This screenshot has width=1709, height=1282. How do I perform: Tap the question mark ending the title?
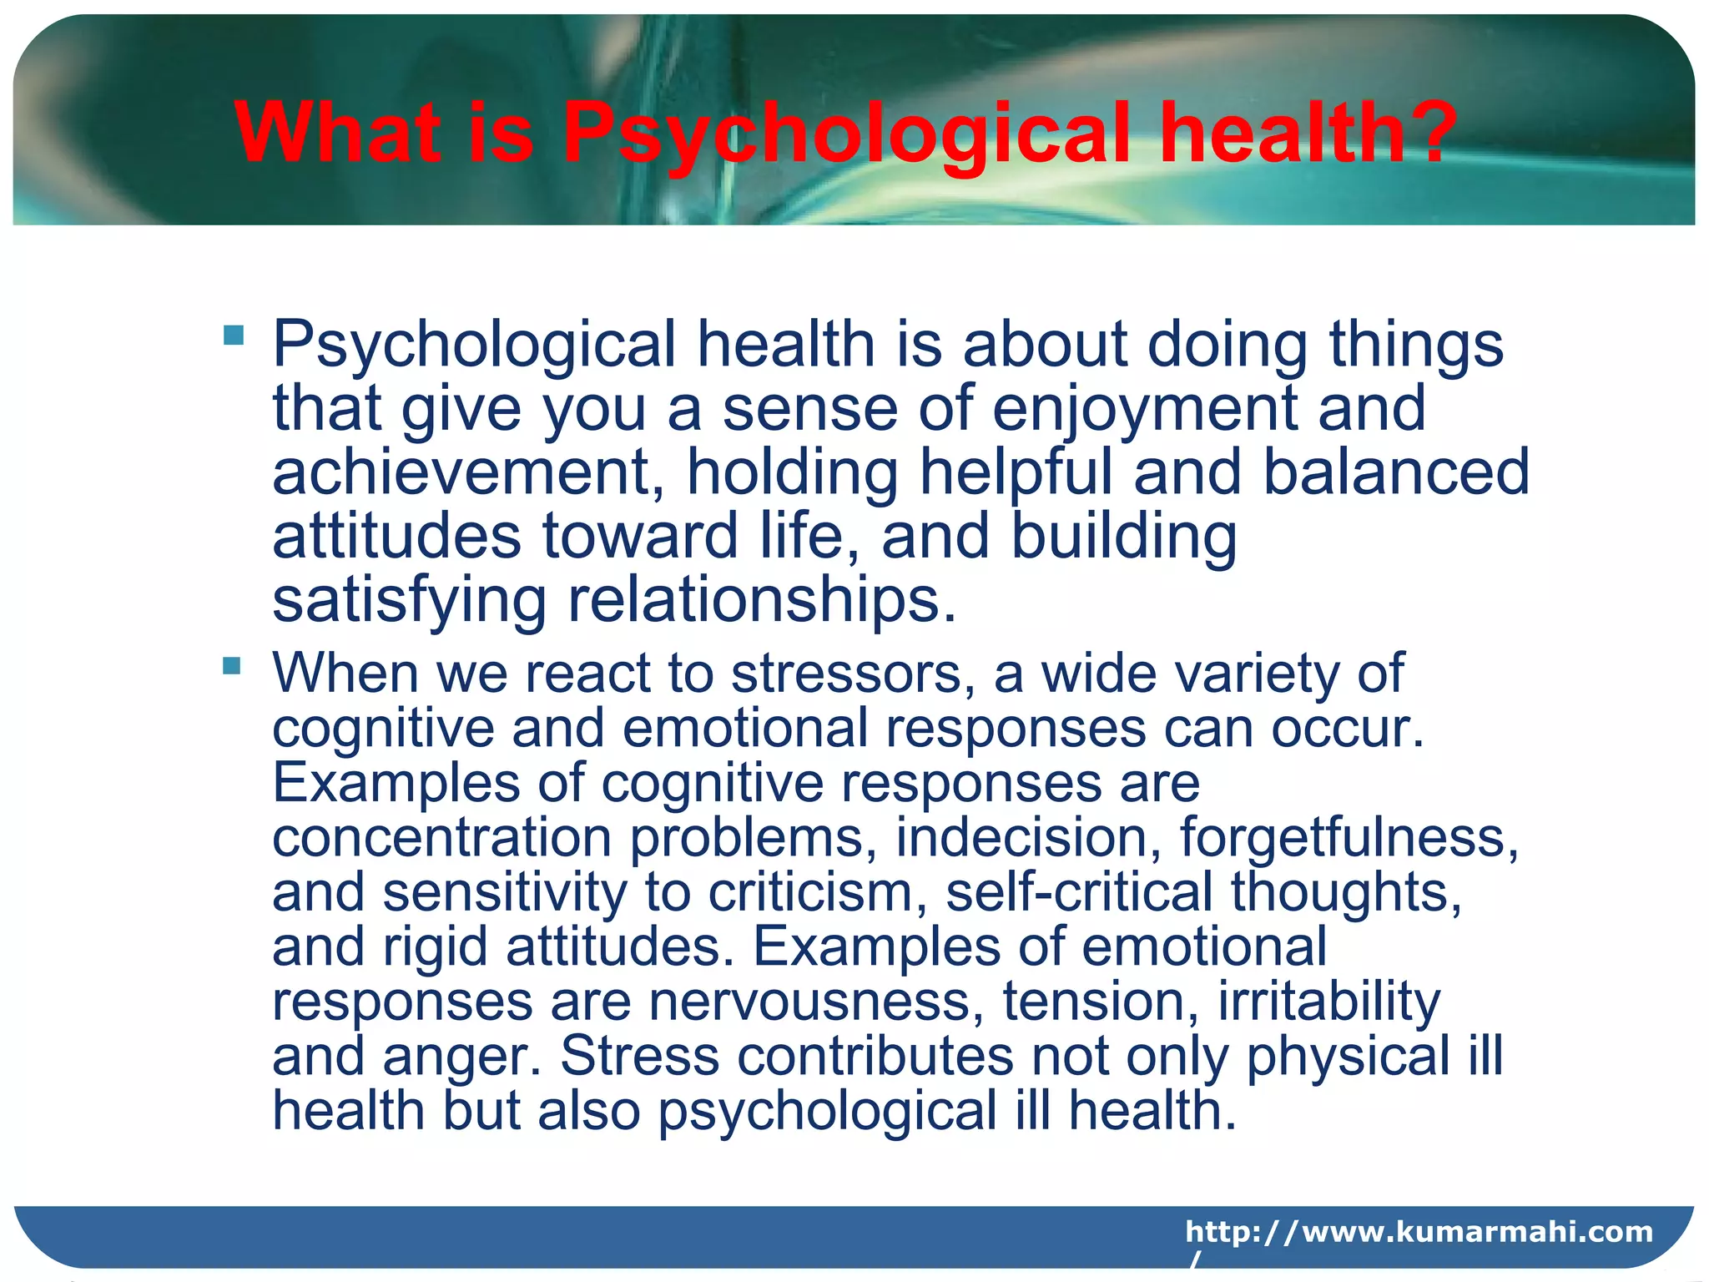1428,132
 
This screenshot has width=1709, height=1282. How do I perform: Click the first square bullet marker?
234,336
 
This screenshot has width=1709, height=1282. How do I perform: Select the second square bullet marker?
232,665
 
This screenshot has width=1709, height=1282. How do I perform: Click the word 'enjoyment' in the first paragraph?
1143,409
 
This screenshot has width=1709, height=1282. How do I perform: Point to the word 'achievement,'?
468,472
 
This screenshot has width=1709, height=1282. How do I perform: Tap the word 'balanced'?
1395,472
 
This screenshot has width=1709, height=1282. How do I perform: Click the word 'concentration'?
443,837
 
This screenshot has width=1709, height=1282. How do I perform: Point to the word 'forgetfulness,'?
1349,837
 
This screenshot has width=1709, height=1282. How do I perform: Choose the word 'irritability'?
1328,1001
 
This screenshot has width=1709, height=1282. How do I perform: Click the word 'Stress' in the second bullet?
639,1056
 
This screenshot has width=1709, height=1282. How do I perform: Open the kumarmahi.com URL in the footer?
1418,1232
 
